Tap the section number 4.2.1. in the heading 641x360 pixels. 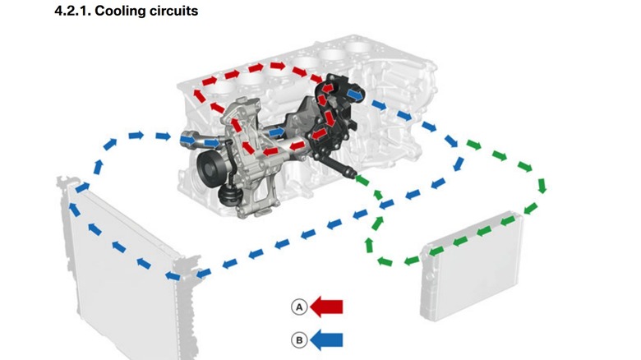[x=73, y=12]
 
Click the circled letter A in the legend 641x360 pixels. [x=299, y=307]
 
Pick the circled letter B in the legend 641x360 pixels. [x=299, y=339]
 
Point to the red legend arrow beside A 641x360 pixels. [x=327, y=307]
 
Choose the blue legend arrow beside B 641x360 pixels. [x=327, y=339]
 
